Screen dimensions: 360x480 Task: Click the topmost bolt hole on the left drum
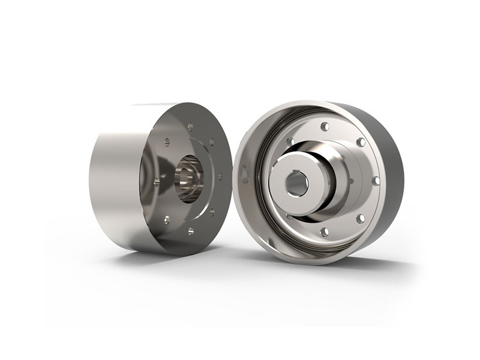[190, 126]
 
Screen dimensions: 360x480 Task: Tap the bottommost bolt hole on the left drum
[190, 230]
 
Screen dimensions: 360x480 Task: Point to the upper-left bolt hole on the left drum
[167, 142]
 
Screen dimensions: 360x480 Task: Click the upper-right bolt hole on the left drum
[211, 142]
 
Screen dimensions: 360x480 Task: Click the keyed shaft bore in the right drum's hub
[296, 184]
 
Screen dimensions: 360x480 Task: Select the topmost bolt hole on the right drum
[325, 127]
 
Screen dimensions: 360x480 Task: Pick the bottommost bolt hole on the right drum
[324, 232]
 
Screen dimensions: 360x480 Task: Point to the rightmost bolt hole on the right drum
[376, 181]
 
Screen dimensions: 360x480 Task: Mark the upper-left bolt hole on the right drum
[290, 142]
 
